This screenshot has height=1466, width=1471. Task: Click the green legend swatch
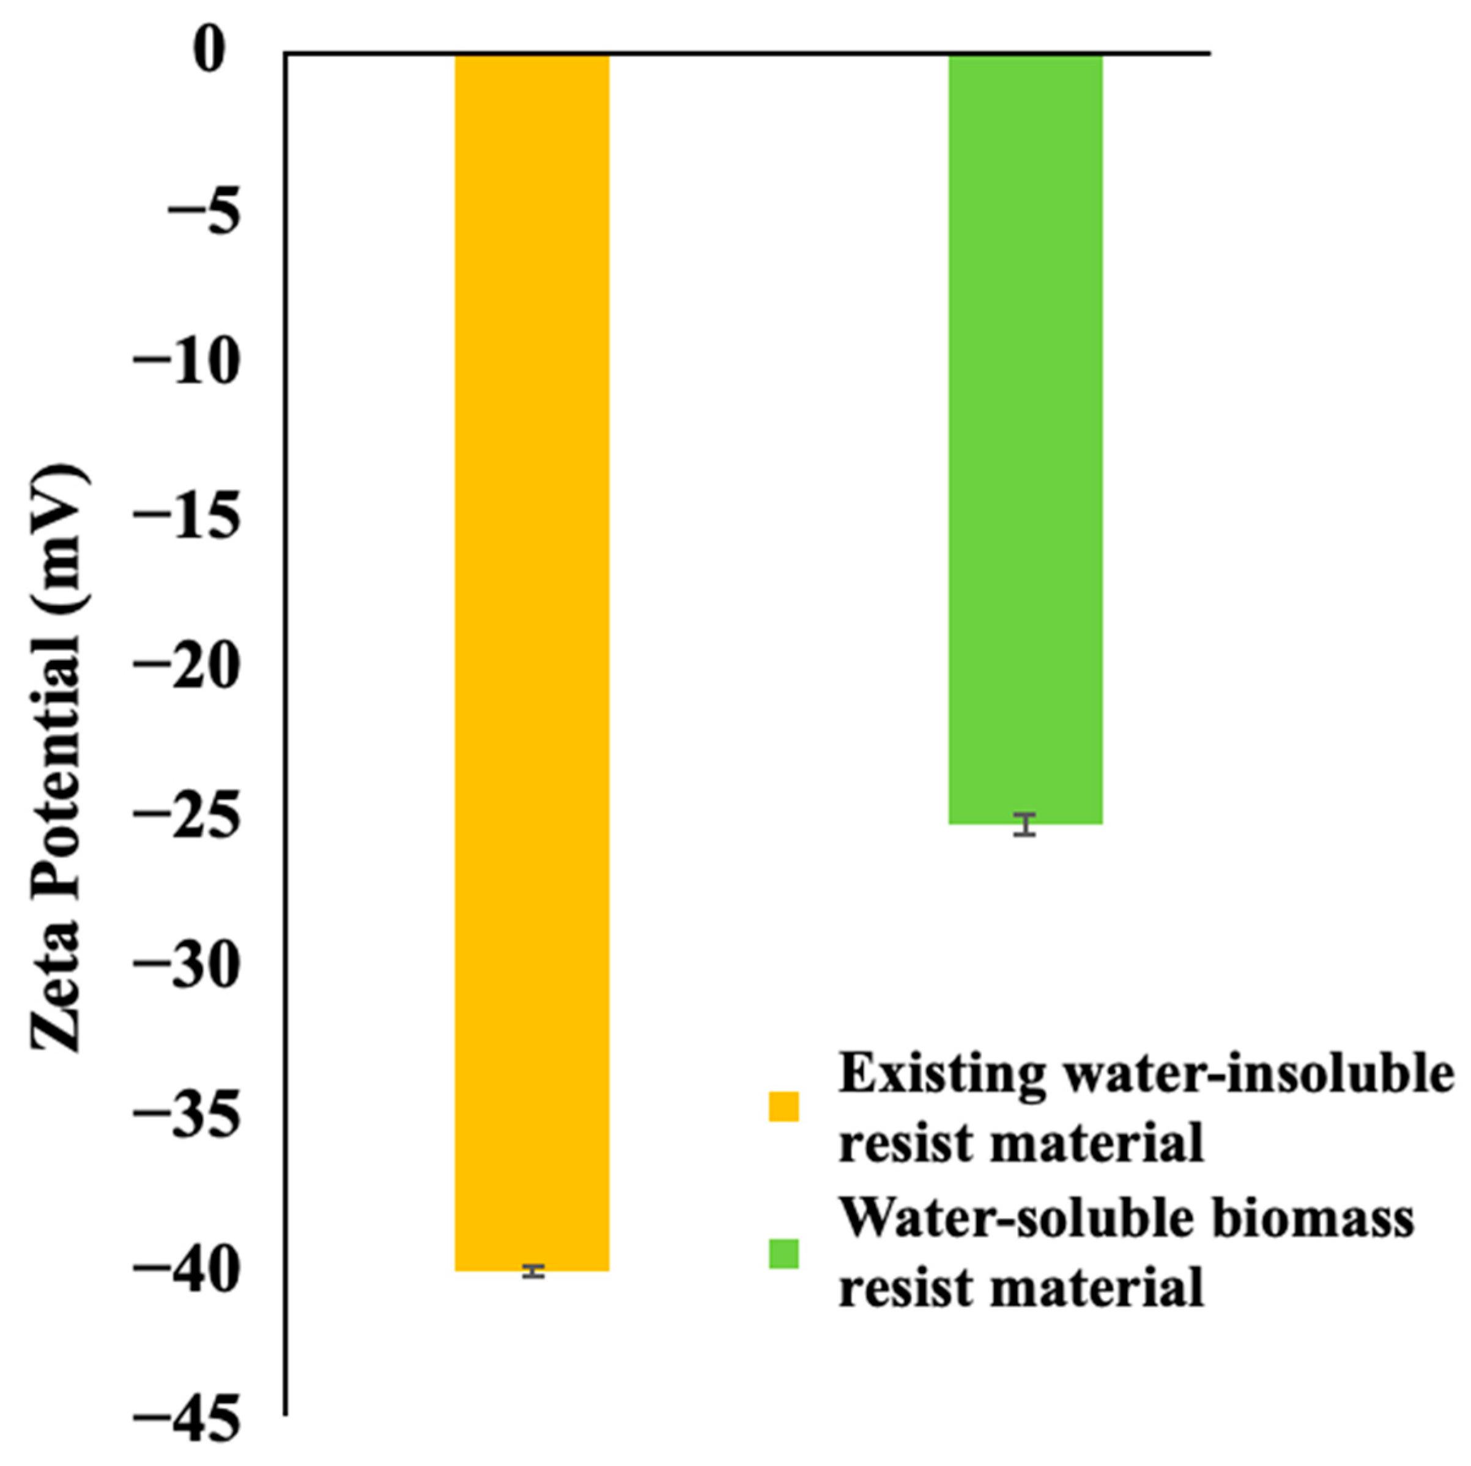pyautogui.click(x=783, y=1254)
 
